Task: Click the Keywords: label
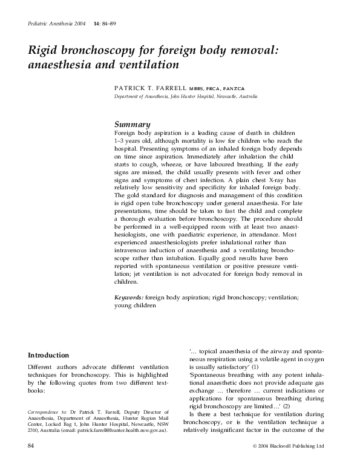129,298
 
